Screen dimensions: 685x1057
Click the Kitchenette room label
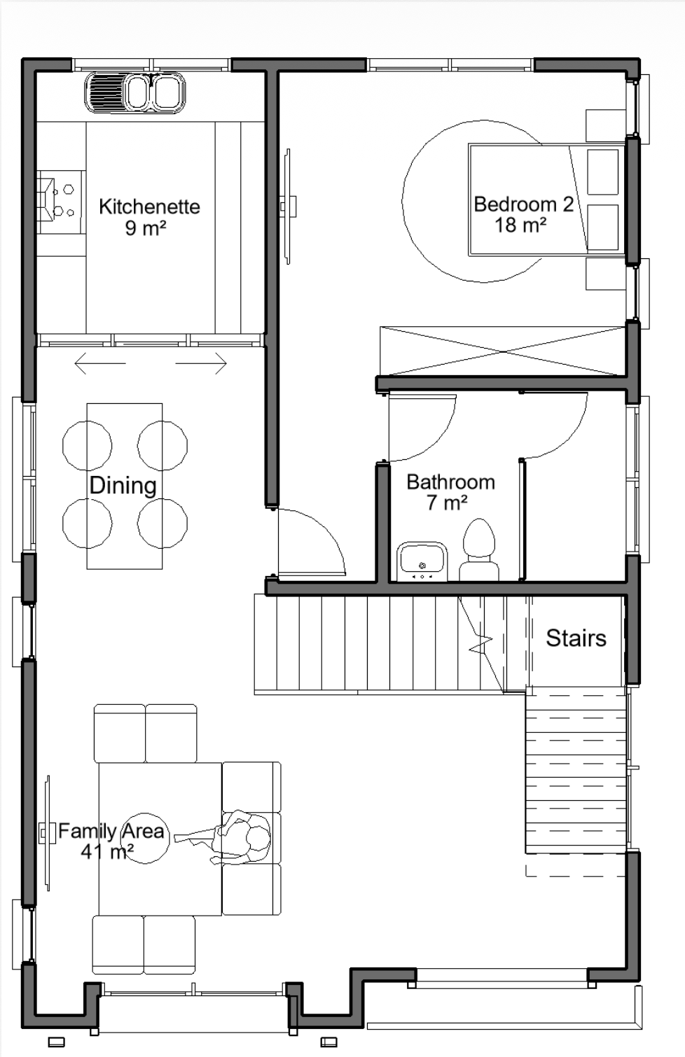(x=149, y=206)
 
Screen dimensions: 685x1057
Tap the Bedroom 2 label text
(x=523, y=204)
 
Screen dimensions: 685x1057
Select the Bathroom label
(x=450, y=482)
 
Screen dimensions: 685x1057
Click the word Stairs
(x=576, y=638)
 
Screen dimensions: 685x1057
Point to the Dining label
(x=123, y=486)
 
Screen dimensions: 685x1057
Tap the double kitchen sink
(x=135, y=92)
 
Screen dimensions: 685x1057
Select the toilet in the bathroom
(x=478, y=549)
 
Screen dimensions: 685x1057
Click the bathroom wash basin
(x=422, y=561)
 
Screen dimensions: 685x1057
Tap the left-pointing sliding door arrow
(x=100, y=363)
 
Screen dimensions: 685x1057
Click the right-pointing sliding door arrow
(x=202, y=363)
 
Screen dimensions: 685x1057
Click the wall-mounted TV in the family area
(x=46, y=833)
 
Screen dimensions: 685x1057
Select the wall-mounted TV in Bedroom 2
(x=288, y=206)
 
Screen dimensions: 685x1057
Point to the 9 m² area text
(x=146, y=228)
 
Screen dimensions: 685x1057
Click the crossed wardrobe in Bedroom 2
(x=504, y=351)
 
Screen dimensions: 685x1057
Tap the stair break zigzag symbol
(x=481, y=644)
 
